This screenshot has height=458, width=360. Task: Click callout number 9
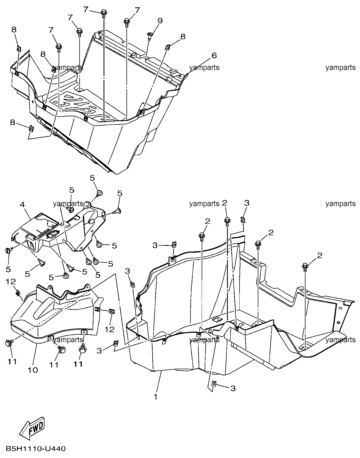160,21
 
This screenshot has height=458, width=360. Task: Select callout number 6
214,56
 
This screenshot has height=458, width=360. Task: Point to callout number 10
32,370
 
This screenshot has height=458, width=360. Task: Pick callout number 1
156,397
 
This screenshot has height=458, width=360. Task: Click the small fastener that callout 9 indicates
150,35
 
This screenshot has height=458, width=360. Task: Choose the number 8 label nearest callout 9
183,36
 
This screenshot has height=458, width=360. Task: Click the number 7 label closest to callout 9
137,11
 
